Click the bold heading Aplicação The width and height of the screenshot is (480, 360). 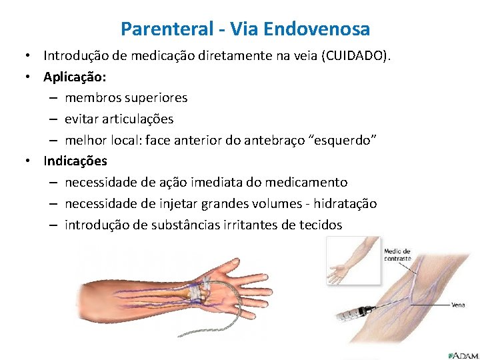pos(71,76)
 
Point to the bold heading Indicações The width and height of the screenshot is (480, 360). pos(75,161)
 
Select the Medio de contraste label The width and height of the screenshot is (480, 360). pos(398,255)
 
